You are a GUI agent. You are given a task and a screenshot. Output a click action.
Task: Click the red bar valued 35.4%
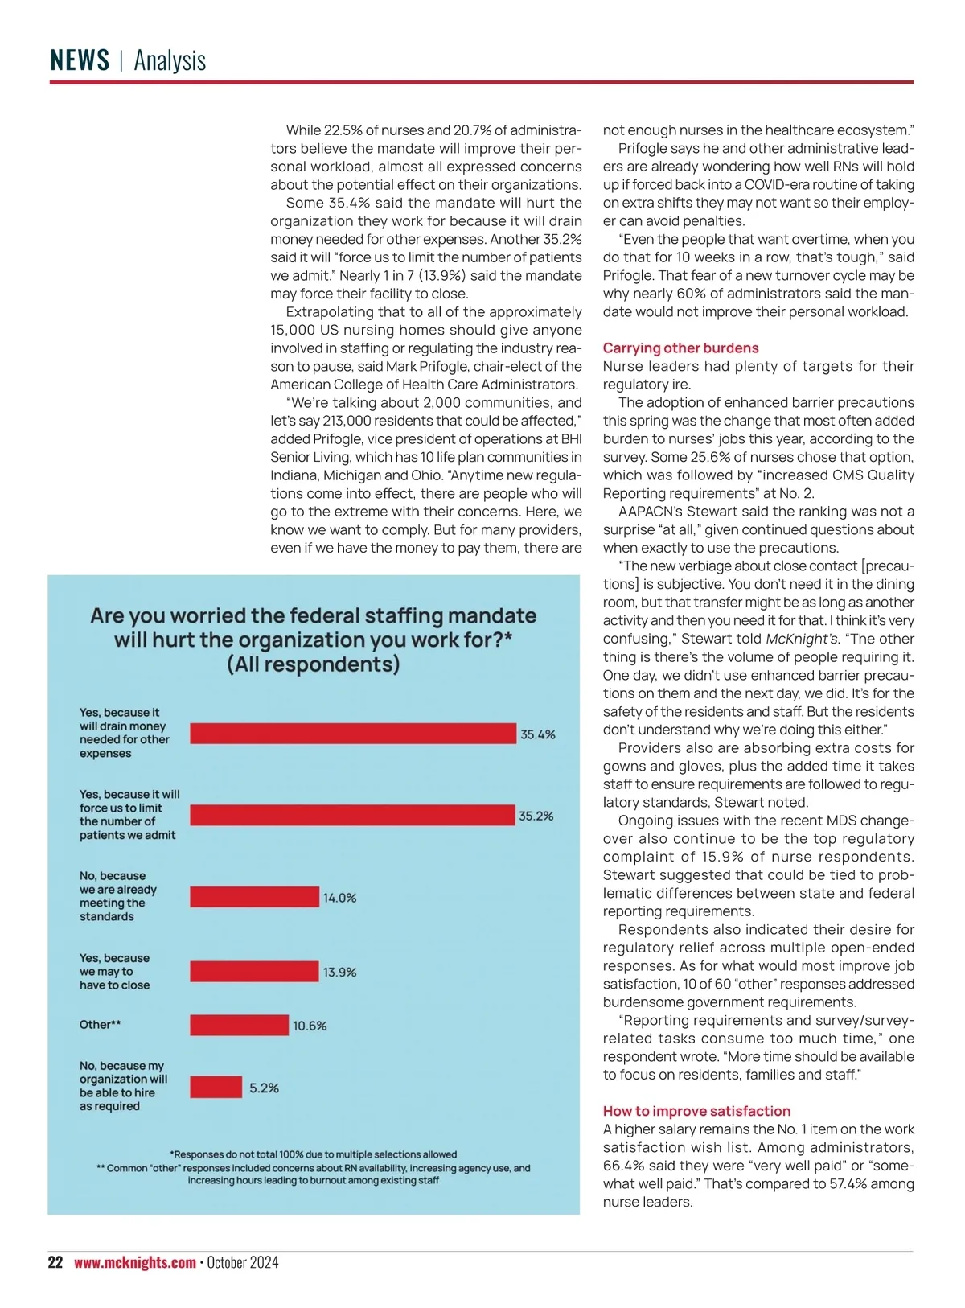353,734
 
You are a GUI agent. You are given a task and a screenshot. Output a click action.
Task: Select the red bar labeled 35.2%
352,815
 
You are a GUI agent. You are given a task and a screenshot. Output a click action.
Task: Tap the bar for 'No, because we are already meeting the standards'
254,897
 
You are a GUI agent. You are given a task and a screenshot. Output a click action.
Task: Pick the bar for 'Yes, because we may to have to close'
254,972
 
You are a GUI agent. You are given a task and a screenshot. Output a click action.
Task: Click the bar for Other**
239,1025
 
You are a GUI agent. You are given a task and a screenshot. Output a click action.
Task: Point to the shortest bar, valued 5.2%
216,1088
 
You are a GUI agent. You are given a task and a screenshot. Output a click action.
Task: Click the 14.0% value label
340,898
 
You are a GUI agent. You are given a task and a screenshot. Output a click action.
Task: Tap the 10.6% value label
310,1026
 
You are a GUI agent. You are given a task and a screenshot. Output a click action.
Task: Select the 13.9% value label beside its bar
340,973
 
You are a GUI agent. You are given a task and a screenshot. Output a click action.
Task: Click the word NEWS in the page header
80,60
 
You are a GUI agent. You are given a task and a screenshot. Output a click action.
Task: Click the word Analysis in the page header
170,60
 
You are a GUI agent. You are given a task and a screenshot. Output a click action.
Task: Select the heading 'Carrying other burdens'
680,348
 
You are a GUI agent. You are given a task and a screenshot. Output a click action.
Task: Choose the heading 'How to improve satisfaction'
696,1111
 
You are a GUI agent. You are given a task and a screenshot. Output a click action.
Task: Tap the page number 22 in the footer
55,1262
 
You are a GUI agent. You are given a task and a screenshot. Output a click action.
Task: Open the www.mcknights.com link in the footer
135,1262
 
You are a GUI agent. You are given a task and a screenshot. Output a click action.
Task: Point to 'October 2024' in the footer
243,1262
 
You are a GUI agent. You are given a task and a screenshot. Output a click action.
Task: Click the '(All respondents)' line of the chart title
313,664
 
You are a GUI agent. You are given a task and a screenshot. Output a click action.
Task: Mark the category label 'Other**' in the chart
101,1025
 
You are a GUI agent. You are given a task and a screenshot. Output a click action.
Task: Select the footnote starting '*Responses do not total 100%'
313,1154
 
